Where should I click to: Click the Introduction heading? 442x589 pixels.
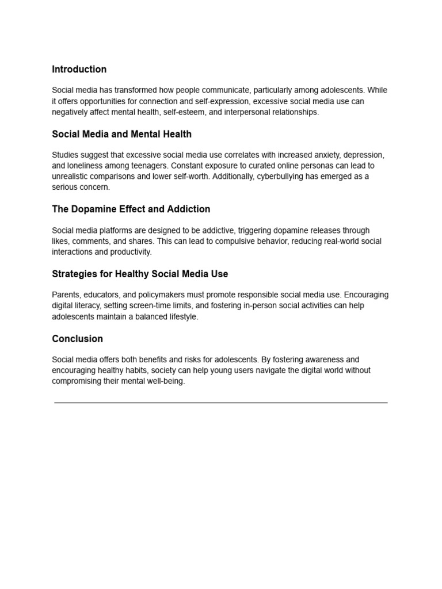pos(79,70)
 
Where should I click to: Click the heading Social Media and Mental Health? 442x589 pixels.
pos(121,135)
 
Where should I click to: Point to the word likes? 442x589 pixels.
pos(60,242)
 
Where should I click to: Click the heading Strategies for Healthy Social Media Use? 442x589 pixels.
pos(140,274)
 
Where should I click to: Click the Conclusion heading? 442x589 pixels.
pos(77,339)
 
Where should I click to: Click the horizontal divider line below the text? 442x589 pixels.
pos(221,403)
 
